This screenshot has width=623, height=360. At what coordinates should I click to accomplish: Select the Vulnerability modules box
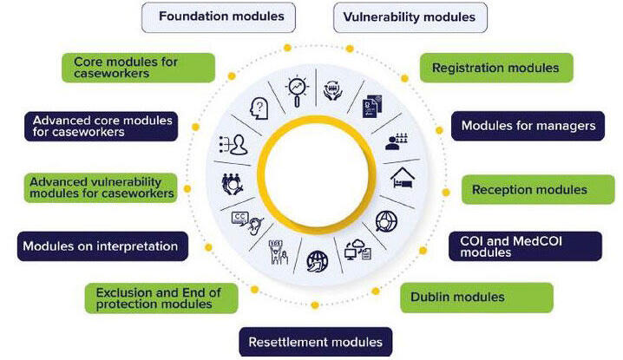coord(410,16)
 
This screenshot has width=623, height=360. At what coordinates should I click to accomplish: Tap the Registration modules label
coord(495,68)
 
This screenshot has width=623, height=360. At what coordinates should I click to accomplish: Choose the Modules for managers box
coord(528,126)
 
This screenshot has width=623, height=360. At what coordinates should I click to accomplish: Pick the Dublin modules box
coord(476,298)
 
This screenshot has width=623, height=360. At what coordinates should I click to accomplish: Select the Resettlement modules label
coord(316,341)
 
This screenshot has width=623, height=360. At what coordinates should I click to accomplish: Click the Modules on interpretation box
coord(103,245)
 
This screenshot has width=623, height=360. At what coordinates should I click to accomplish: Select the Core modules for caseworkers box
coord(138,68)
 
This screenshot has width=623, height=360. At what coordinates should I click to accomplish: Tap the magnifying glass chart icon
coord(297,89)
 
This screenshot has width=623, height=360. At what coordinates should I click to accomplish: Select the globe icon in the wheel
coord(317,259)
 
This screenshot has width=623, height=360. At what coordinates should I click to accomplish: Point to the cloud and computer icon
coord(357,250)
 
